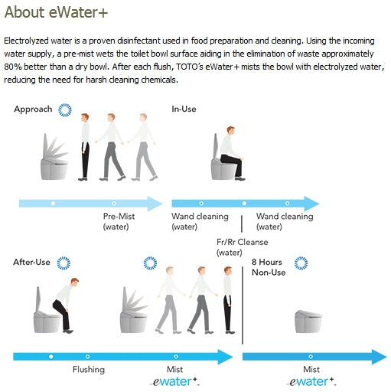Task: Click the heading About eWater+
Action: (x=56, y=12)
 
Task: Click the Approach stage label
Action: (x=33, y=109)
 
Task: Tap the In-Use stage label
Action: (x=184, y=109)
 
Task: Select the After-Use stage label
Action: (x=31, y=262)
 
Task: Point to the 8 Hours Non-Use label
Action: (x=269, y=267)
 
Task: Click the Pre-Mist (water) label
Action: (x=119, y=221)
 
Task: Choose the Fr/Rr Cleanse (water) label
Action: (x=242, y=247)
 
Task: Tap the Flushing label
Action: (x=89, y=369)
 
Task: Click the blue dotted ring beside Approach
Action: (x=65, y=110)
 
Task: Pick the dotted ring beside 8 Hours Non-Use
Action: (x=301, y=263)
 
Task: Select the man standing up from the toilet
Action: (x=66, y=305)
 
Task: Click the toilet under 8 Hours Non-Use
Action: (x=308, y=322)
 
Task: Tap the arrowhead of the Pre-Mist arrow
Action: (x=155, y=204)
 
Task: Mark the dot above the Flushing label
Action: (x=87, y=356)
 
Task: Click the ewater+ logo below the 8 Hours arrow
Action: (x=311, y=381)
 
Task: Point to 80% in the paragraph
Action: (x=13, y=67)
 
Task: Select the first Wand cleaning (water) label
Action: (x=200, y=221)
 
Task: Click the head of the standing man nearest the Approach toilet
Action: (x=85, y=118)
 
